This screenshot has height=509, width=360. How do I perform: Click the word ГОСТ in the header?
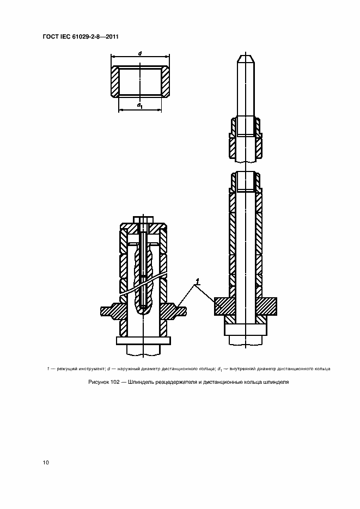pyautogui.click(x=50, y=36)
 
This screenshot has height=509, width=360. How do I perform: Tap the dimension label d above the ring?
pyautogui.click(x=140, y=53)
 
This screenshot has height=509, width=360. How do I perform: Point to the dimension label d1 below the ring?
pyautogui.click(x=140, y=105)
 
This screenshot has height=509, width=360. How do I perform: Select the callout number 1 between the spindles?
pyautogui.click(x=197, y=280)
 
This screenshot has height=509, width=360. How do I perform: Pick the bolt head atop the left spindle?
pyautogui.click(x=143, y=219)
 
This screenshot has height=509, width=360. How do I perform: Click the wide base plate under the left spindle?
pyautogui.click(x=143, y=341)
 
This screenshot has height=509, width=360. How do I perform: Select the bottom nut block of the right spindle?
pyautogui.click(x=246, y=329)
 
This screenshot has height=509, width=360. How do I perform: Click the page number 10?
pyautogui.click(x=46, y=463)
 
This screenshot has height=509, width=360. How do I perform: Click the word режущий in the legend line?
pyautogui.click(x=67, y=369)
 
